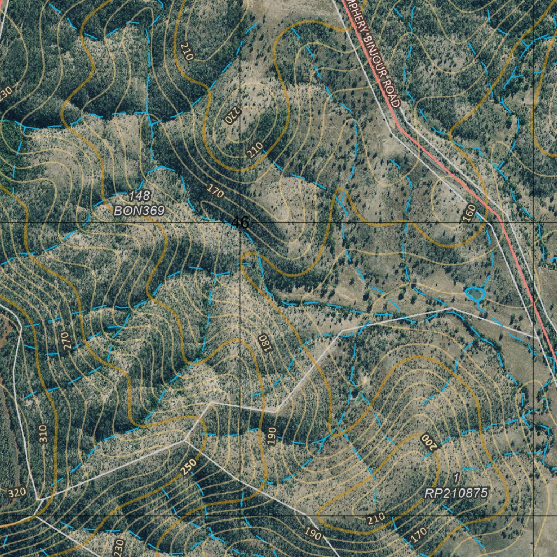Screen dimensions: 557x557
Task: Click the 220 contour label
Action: tap(232, 114)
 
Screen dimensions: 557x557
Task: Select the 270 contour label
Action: tap(66, 340)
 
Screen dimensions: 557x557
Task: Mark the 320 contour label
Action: tap(17, 493)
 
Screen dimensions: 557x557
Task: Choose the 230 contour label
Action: tap(120, 545)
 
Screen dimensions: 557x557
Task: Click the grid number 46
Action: tap(240, 222)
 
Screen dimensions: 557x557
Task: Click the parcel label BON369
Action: tap(139, 211)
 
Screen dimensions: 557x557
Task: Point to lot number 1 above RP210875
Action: tap(456, 478)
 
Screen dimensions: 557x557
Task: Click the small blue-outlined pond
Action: tap(475, 294)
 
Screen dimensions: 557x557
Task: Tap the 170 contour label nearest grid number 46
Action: tap(215, 190)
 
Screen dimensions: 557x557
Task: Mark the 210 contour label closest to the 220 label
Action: tap(255, 147)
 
